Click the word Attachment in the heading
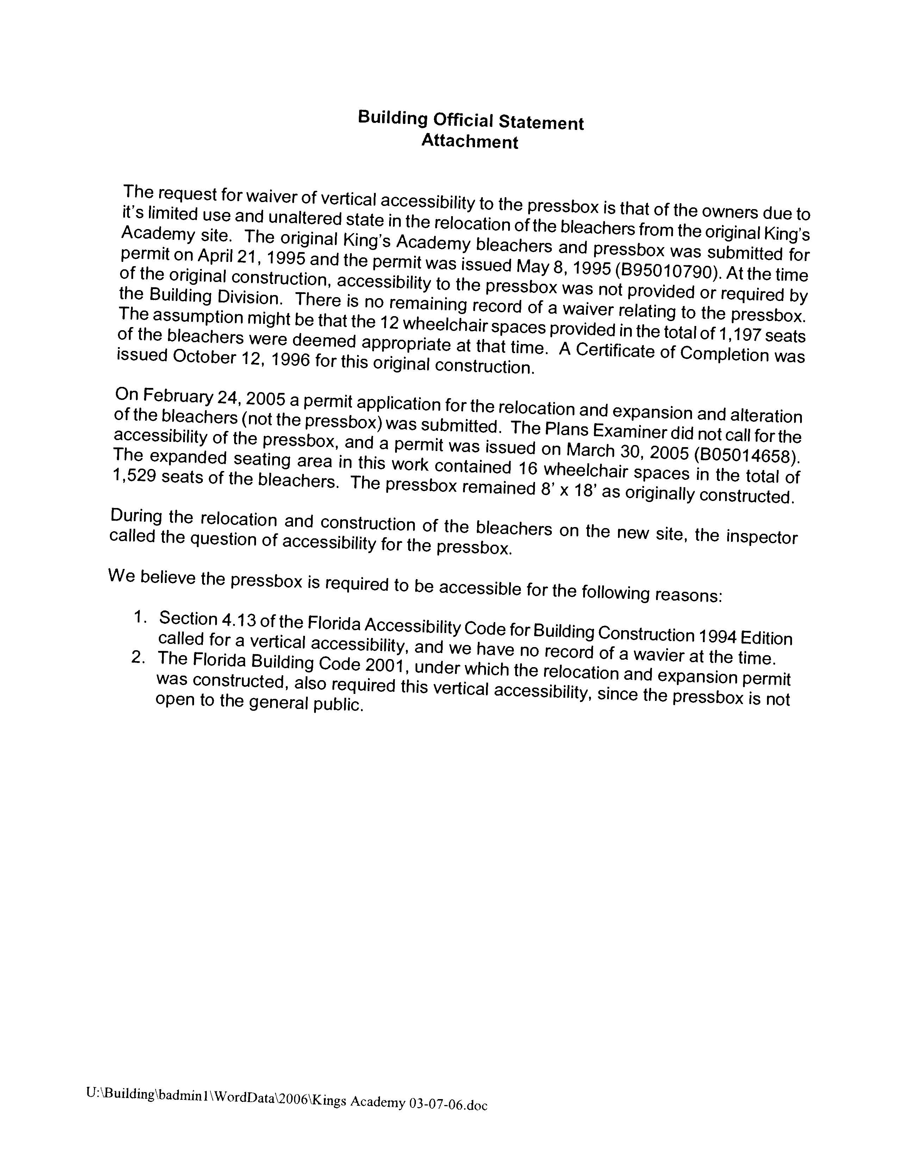(470, 142)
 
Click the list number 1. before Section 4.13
(140, 617)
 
